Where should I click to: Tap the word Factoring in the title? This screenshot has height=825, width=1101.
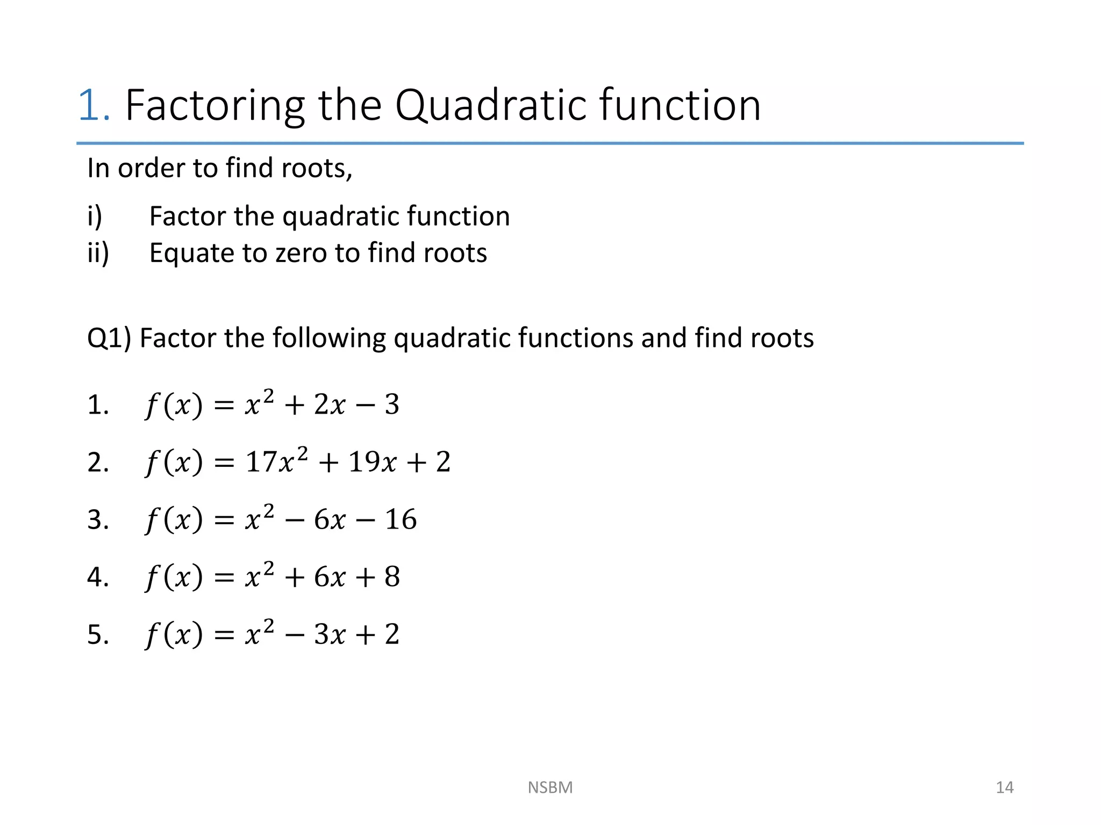[215, 106]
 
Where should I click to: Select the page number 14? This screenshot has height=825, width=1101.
[1004, 787]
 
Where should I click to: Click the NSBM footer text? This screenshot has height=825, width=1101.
[550, 787]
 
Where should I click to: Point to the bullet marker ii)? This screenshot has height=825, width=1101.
[98, 253]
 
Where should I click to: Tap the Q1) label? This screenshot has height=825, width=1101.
[109, 338]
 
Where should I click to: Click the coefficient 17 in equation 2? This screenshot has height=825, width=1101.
[261, 462]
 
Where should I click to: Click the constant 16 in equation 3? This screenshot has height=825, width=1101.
[401, 519]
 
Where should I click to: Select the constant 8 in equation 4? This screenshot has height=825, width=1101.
[392, 577]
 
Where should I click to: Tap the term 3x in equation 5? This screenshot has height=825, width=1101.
[330, 634]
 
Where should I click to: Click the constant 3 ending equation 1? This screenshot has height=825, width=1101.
[392, 404]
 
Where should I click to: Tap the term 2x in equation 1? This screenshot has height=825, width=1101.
[330, 404]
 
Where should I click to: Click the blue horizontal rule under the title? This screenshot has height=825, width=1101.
[550, 143]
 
